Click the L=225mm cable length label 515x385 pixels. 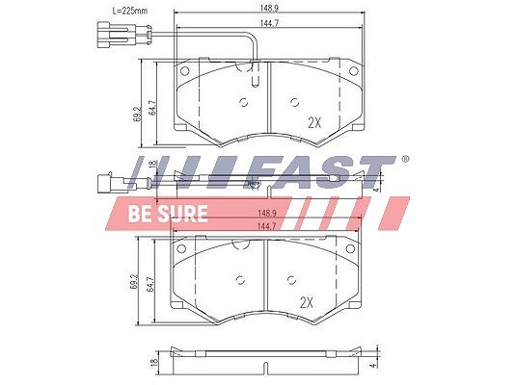[130, 11]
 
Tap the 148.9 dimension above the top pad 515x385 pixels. [269, 8]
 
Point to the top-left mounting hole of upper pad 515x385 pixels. [184, 70]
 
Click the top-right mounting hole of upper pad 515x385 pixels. [353, 70]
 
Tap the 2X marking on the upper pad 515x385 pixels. [314, 122]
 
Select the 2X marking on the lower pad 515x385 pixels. [307, 302]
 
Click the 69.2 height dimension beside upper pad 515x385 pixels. [138, 114]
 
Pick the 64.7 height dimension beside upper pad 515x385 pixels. [152, 108]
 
